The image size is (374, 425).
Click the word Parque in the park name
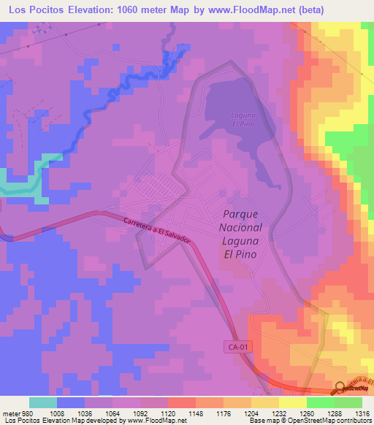(x=239, y=215)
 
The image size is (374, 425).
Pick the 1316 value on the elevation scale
(x=362, y=413)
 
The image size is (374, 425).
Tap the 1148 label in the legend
(x=196, y=413)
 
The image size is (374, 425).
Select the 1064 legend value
(x=112, y=413)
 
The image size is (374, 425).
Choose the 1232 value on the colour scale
(x=279, y=413)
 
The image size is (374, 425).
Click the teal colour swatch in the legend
(x=43, y=402)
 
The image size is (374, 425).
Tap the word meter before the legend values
(x=11, y=413)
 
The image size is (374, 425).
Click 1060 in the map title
(x=138, y=9)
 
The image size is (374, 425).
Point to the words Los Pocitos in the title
(x=35, y=9)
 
